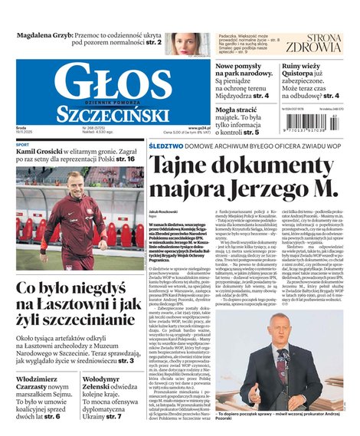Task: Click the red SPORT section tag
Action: click(x=23, y=144)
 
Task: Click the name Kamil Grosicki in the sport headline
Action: click(x=44, y=152)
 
